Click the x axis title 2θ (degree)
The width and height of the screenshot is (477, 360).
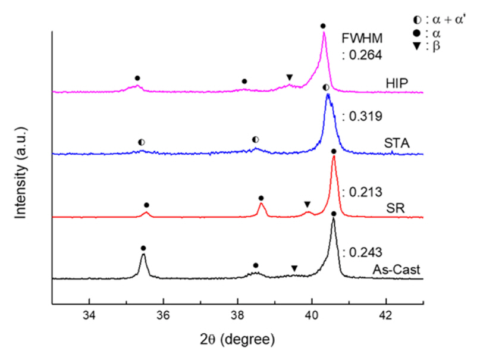[x=238, y=340]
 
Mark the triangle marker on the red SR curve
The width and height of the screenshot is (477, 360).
[x=307, y=204]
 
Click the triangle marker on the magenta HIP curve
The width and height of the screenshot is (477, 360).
[x=289, y=77]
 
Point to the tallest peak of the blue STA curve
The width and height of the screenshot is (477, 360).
[x=327, y=95]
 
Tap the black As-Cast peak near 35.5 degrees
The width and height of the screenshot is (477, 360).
[x=143, y=256]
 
